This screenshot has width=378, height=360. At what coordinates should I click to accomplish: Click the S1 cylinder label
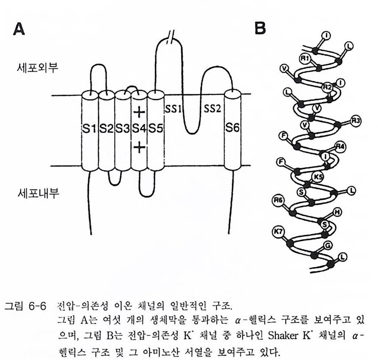pos(89,129)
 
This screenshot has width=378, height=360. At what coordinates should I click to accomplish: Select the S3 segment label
pos(123,129)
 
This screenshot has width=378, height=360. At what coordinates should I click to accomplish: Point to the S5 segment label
pos(155,129)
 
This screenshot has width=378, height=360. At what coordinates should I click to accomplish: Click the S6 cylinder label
pos(232,129)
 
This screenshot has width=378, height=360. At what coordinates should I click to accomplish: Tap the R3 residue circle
pos(355,120)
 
